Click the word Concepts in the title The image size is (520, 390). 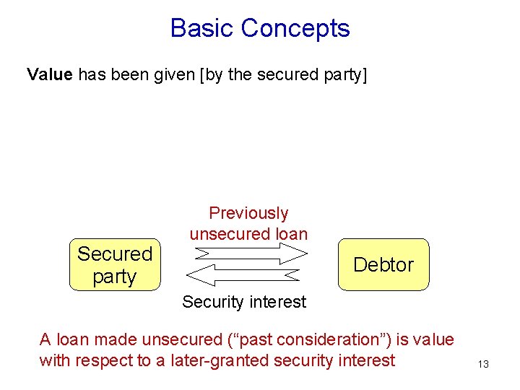click(295, 28)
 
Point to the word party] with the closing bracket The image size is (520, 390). click(343, 74)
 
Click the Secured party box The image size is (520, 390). click(115, 265)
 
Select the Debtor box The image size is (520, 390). click(383, 264)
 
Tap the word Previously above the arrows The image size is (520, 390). click(248, 213)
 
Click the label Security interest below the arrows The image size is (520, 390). click(244, 302)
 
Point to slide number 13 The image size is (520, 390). click(483, 364)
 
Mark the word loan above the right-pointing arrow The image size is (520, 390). click(290, 234)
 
